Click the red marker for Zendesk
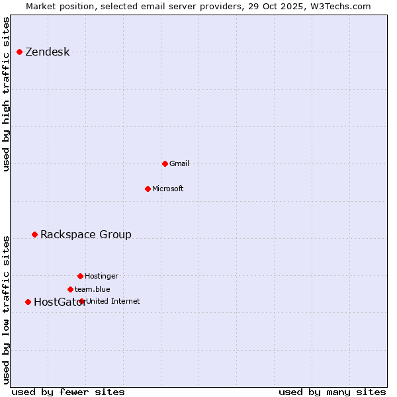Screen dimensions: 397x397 (20, 52)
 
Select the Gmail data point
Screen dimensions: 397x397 (165, 163)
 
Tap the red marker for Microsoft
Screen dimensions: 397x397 (148, 189)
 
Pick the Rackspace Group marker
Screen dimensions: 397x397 (34, 234)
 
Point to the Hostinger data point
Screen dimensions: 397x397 (80, 276)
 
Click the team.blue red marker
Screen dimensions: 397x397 (70, 289)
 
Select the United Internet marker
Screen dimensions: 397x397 (81, 301)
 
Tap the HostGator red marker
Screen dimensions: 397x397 (28, 302)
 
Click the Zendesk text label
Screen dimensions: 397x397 (47, 52)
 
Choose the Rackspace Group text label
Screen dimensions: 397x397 (85, 235)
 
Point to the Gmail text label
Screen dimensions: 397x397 (179, 163)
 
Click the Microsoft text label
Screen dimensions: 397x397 (167, 189)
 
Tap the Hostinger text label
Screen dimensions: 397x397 (101, 276)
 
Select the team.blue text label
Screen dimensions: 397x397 (92, 289)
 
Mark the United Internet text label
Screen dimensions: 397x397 (112, 301)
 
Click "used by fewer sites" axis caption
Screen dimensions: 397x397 (68, 392)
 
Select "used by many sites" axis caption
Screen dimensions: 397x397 (331, 392)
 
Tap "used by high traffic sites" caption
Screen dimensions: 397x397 (7, 94)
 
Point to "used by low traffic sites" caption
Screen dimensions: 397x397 (7, 309)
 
